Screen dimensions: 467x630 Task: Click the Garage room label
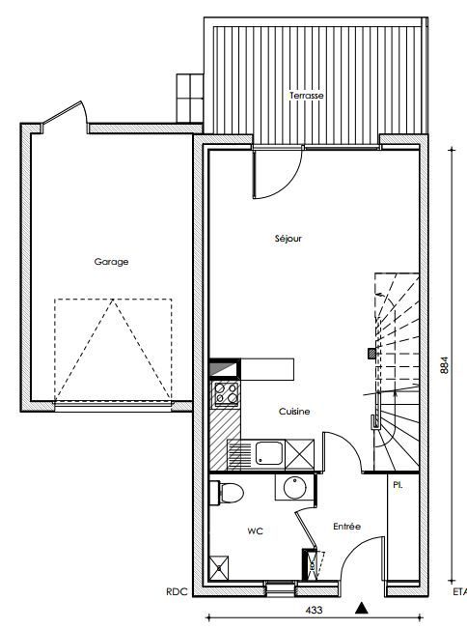click(x=112, y=262)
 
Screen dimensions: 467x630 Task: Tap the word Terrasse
click(x=307, y=96)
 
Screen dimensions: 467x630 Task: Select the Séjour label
click(x=288, y=239)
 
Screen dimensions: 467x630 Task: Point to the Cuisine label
click(x=294, y=412)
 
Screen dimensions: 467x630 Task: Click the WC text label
click(x=255, y=531)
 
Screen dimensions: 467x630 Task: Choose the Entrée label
click(x=347, y=526)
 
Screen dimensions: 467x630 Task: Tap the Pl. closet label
click(x=398, y=485)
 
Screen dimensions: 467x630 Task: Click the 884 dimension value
click(x=445, y=365)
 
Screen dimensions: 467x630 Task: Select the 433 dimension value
click(x=314, y=610)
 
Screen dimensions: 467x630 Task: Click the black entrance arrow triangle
click(x=362, y=609)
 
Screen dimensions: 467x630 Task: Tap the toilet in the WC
click(x=227, y=493)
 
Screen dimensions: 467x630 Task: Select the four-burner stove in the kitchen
click(x=226, y=394)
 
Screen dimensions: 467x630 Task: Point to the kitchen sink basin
click(x=269, y=453)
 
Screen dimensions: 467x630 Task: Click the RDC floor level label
click(x=177, y=591)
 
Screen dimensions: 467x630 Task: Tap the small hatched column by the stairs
click(x=372, y=354)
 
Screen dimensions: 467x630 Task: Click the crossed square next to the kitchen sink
click(x=299, y=454)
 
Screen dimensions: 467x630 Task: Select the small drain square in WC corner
click(x=219, y=568)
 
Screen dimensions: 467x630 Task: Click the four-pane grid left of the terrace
click(x=189, y=99)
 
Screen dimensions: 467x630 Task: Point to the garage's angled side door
click(x=65, y=113)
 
